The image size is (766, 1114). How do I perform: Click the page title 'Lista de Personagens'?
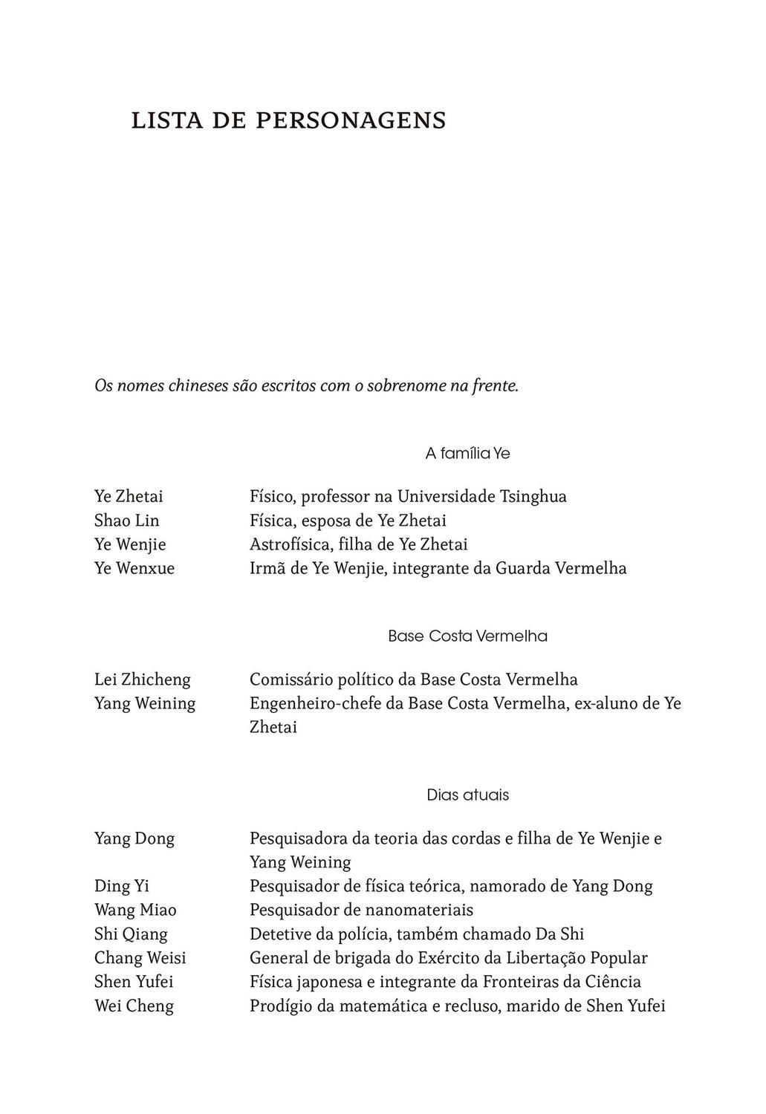tap(288, 120)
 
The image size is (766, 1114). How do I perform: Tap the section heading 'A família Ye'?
tap(467, 453)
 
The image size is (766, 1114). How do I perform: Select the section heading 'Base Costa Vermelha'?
tap(467, 636)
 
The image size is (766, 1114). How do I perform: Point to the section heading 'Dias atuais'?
tap(467, 795)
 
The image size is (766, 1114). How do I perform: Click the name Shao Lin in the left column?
tap(126, 521)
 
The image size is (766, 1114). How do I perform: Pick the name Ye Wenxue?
tap(134, 568)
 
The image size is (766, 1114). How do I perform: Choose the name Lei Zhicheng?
tap(142, 680)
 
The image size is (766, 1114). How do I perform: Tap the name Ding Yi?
tap(122, 886)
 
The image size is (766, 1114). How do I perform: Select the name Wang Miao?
tap(135, 910)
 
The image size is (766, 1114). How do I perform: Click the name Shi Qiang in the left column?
tap(131, 934)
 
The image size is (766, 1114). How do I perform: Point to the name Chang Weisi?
tap(140, 958)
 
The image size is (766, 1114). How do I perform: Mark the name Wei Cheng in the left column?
tap(134, 1006)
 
